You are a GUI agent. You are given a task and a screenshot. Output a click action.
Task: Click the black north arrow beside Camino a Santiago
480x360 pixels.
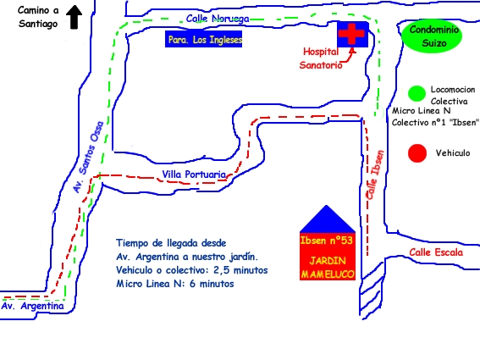pos(74,17)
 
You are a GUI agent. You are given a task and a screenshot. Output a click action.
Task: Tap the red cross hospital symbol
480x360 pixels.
pos(351,34)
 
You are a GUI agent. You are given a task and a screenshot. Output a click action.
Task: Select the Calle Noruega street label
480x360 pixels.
pos(218,19)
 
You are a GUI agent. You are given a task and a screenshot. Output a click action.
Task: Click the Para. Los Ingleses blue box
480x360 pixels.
pos(203,39)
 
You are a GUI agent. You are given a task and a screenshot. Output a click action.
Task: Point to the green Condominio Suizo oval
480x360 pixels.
pos(432,36)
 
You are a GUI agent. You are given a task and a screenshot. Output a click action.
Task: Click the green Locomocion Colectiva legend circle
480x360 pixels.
pos(417,93)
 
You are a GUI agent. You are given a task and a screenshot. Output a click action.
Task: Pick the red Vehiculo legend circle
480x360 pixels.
pos(417,152)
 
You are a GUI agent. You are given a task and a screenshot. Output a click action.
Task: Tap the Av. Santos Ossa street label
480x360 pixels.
pos(89,157)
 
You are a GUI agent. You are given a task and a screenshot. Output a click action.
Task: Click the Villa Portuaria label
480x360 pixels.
pos(194,174)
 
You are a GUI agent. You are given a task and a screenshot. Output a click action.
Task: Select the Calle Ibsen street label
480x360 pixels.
pos(375,174)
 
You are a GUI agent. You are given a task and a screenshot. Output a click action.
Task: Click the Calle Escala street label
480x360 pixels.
pos(436,252)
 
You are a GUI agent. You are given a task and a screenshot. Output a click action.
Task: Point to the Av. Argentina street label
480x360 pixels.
pos(33,306)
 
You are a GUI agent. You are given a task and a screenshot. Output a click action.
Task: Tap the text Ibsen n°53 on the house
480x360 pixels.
pos(326,241)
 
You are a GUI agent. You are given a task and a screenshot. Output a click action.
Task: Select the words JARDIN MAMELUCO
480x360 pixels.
pos(328,268)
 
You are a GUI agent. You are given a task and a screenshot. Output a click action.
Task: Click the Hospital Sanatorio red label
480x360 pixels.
pos(321,58)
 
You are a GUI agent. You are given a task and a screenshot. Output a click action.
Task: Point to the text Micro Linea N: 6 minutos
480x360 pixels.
pos(174,284)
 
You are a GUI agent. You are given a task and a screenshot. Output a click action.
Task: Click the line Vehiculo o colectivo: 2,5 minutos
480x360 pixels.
pos(192,270)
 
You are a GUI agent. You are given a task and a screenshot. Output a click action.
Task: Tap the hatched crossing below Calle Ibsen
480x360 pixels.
pos(372,291)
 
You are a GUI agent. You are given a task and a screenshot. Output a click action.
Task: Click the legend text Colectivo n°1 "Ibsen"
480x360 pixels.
pos(435,122)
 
